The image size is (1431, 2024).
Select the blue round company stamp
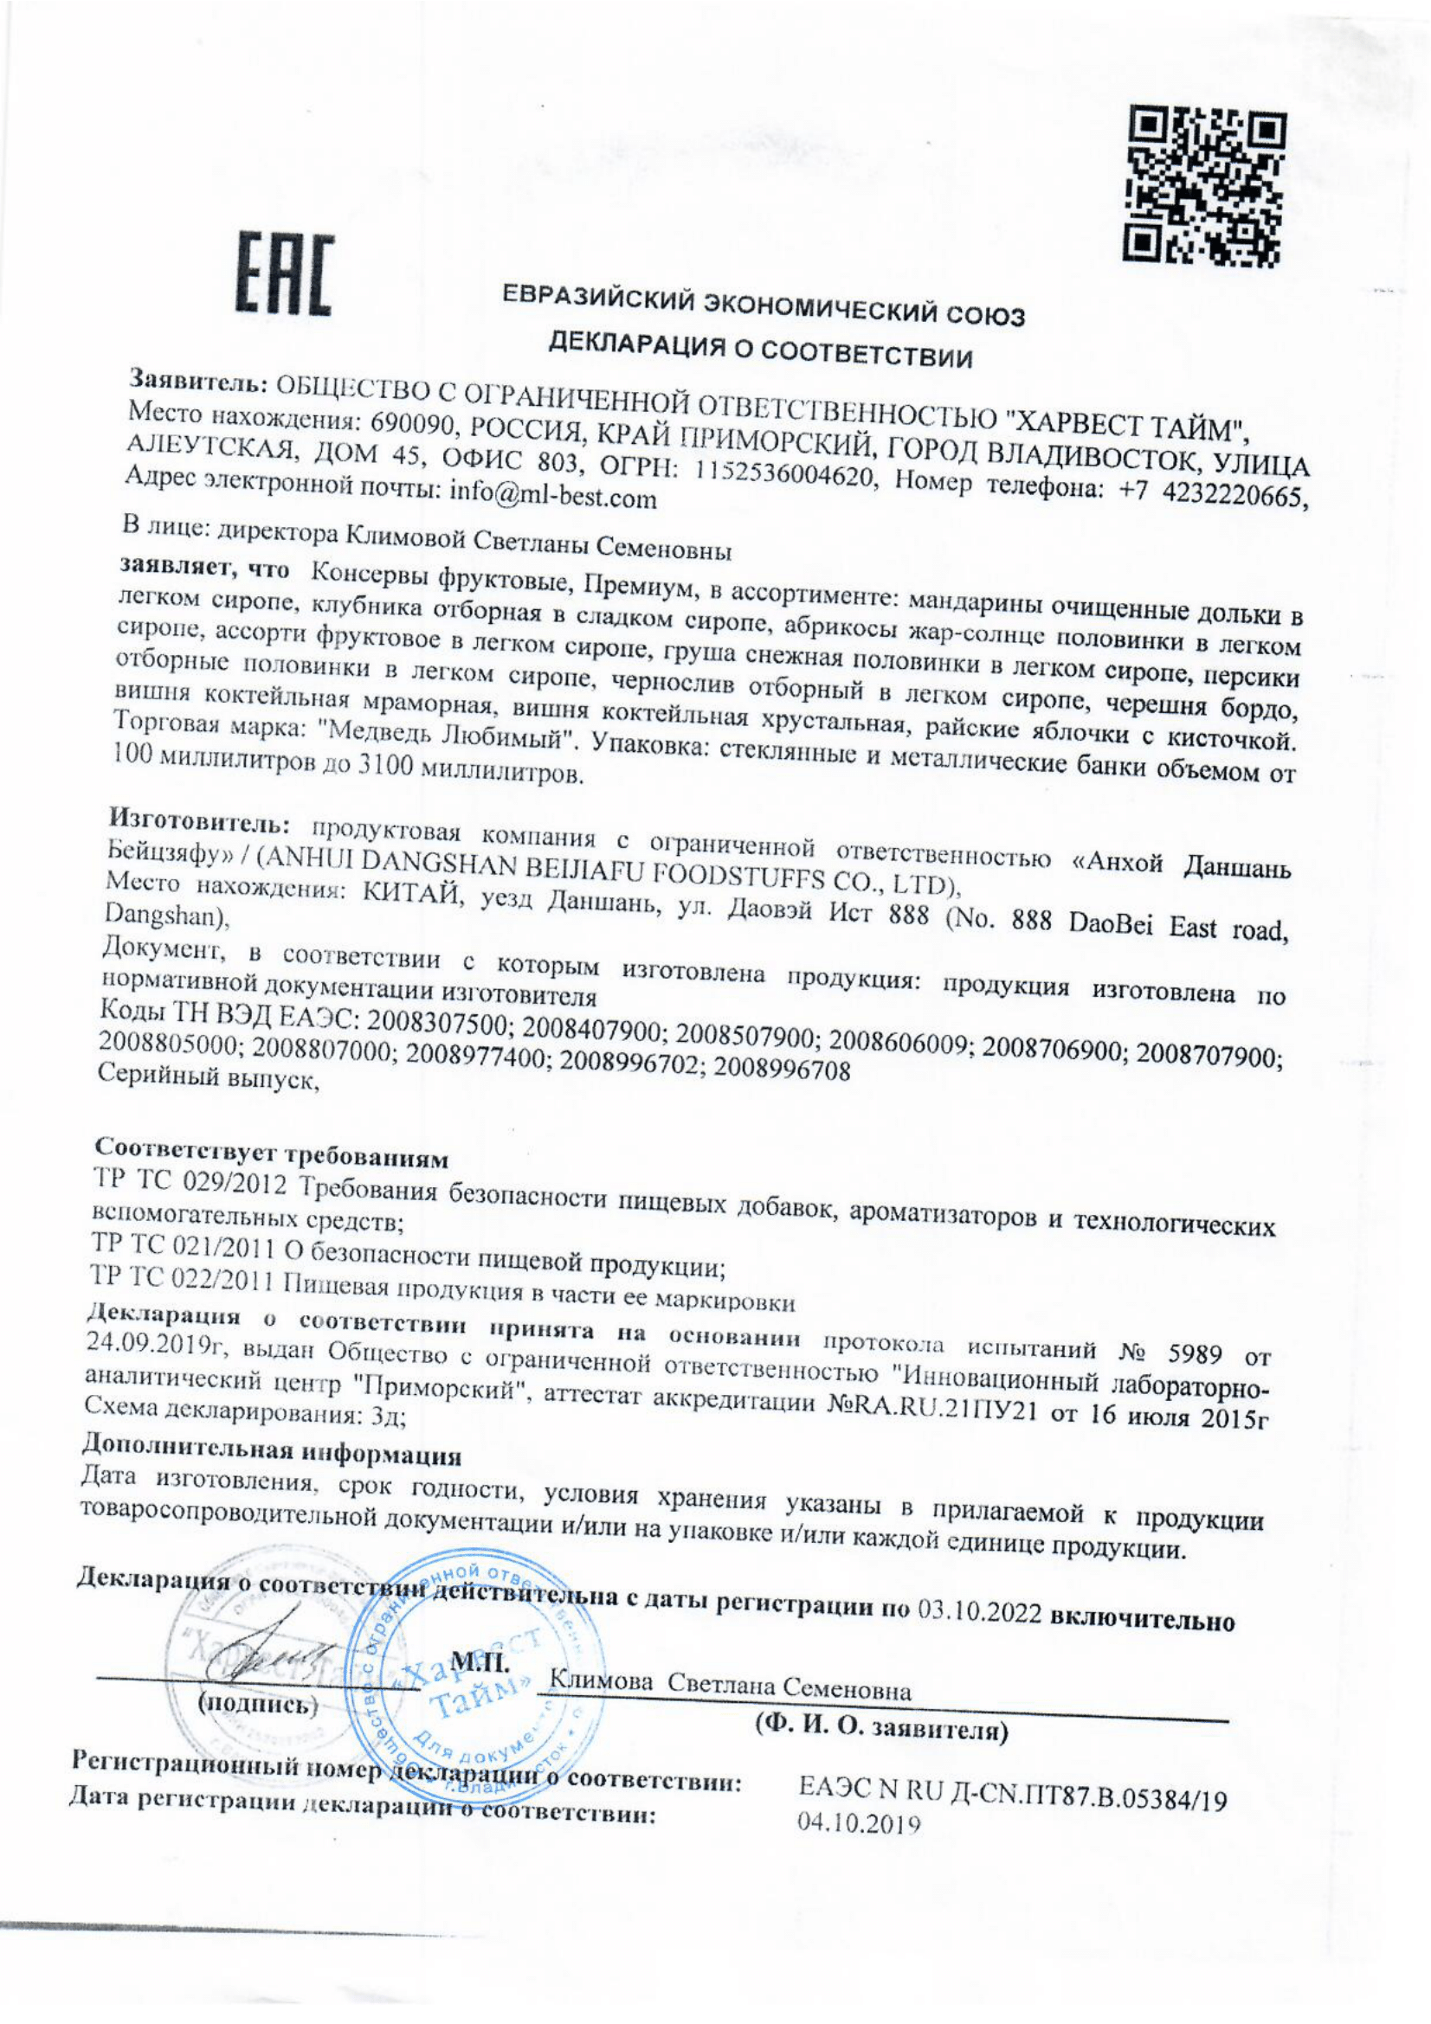[477, 1675]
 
